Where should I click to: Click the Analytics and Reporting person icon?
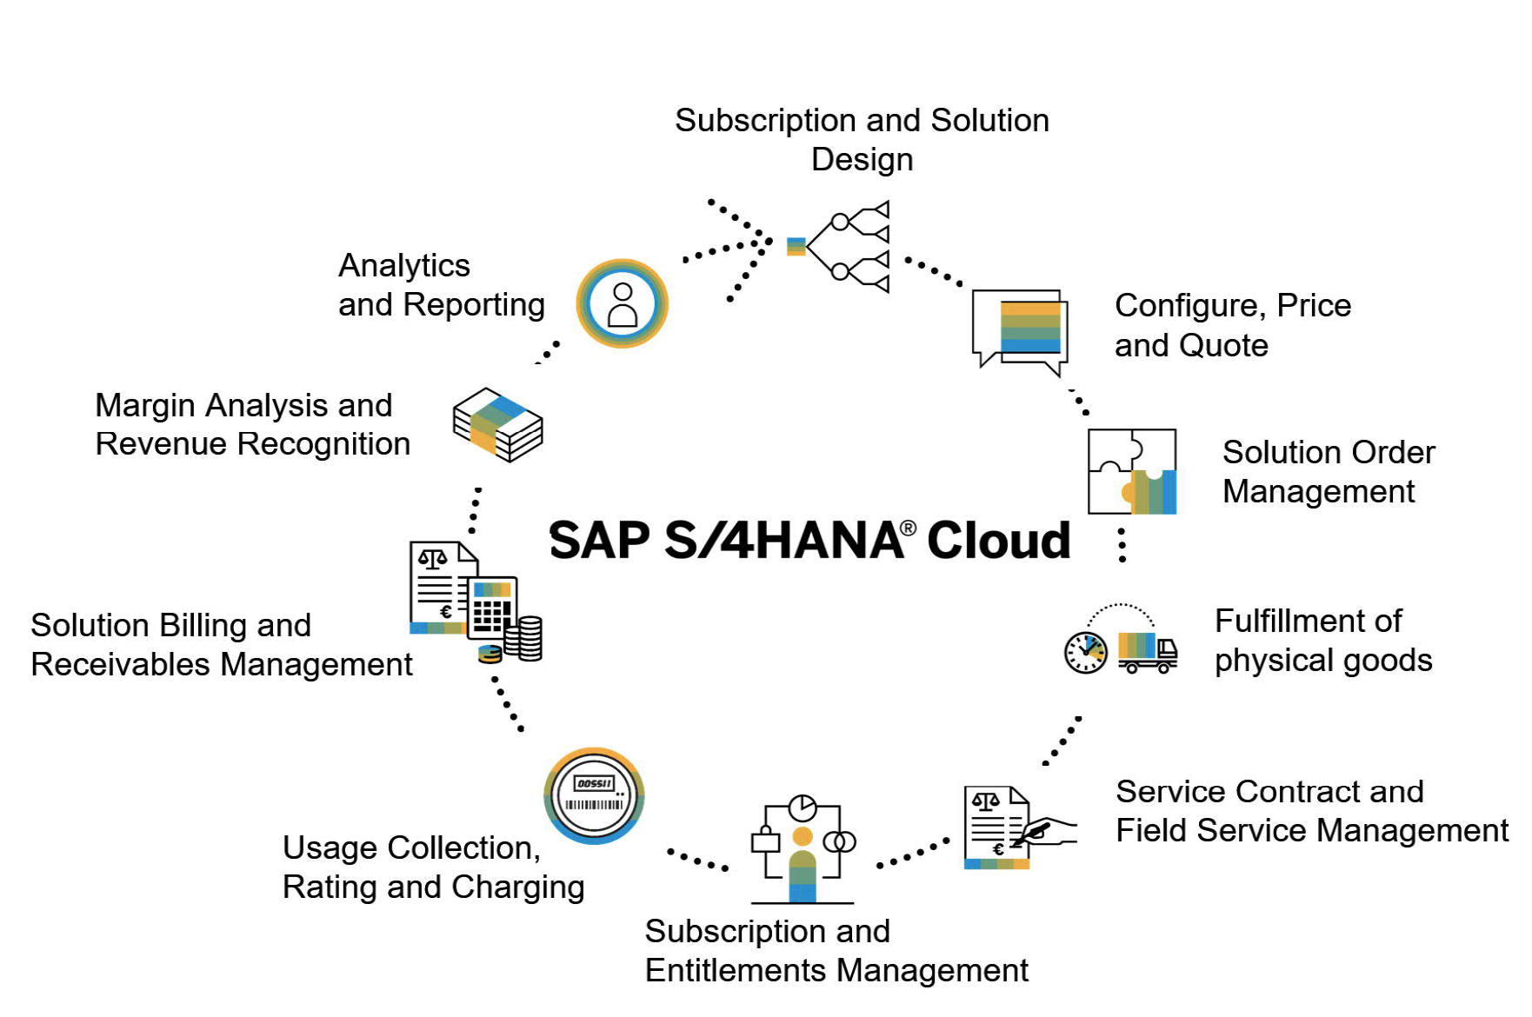tap(622, 303)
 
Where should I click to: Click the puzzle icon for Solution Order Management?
tap(1132, 471)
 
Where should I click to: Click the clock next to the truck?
tap(1086, 652)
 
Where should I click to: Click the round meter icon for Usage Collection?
tap(594, 795)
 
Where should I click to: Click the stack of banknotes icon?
tap(497, 424)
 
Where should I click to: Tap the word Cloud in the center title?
tap(998, 541)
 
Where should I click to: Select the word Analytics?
tap(404, 265)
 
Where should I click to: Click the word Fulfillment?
tap(1308, 621)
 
